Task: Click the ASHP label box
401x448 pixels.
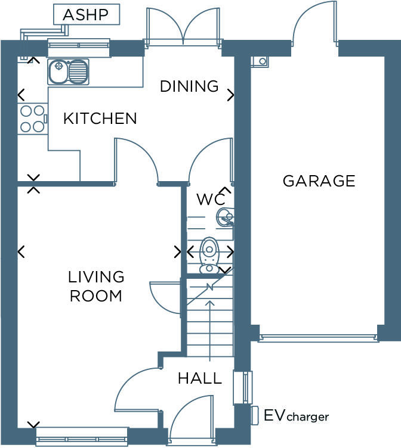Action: point(87,15)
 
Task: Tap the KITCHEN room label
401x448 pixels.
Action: point(100,119)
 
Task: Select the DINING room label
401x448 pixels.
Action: point(189,86)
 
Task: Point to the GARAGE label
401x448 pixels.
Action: point(319,181)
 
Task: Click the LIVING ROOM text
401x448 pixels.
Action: point(96,287)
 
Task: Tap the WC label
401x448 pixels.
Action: point(211,200)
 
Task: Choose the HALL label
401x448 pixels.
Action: point(199,378)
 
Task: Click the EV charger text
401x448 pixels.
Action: point(296,416)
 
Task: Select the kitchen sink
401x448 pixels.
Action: point(68,72)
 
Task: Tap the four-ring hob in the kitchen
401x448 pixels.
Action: point(32,119)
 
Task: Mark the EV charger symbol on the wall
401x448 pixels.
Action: point(255,415)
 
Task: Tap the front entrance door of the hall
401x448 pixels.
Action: point(192,423)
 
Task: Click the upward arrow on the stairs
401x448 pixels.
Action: point(209,331)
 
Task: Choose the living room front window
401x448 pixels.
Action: point(82,437)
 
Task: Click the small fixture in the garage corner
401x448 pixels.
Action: point(260,61)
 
